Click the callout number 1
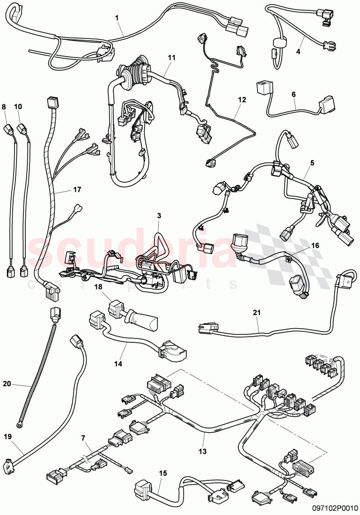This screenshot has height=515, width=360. [x=117, y=18]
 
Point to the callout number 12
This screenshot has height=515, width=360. [x=242, y=99]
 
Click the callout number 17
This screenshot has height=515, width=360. [x=77, y=190]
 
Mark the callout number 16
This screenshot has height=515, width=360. [x=315, y=245]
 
